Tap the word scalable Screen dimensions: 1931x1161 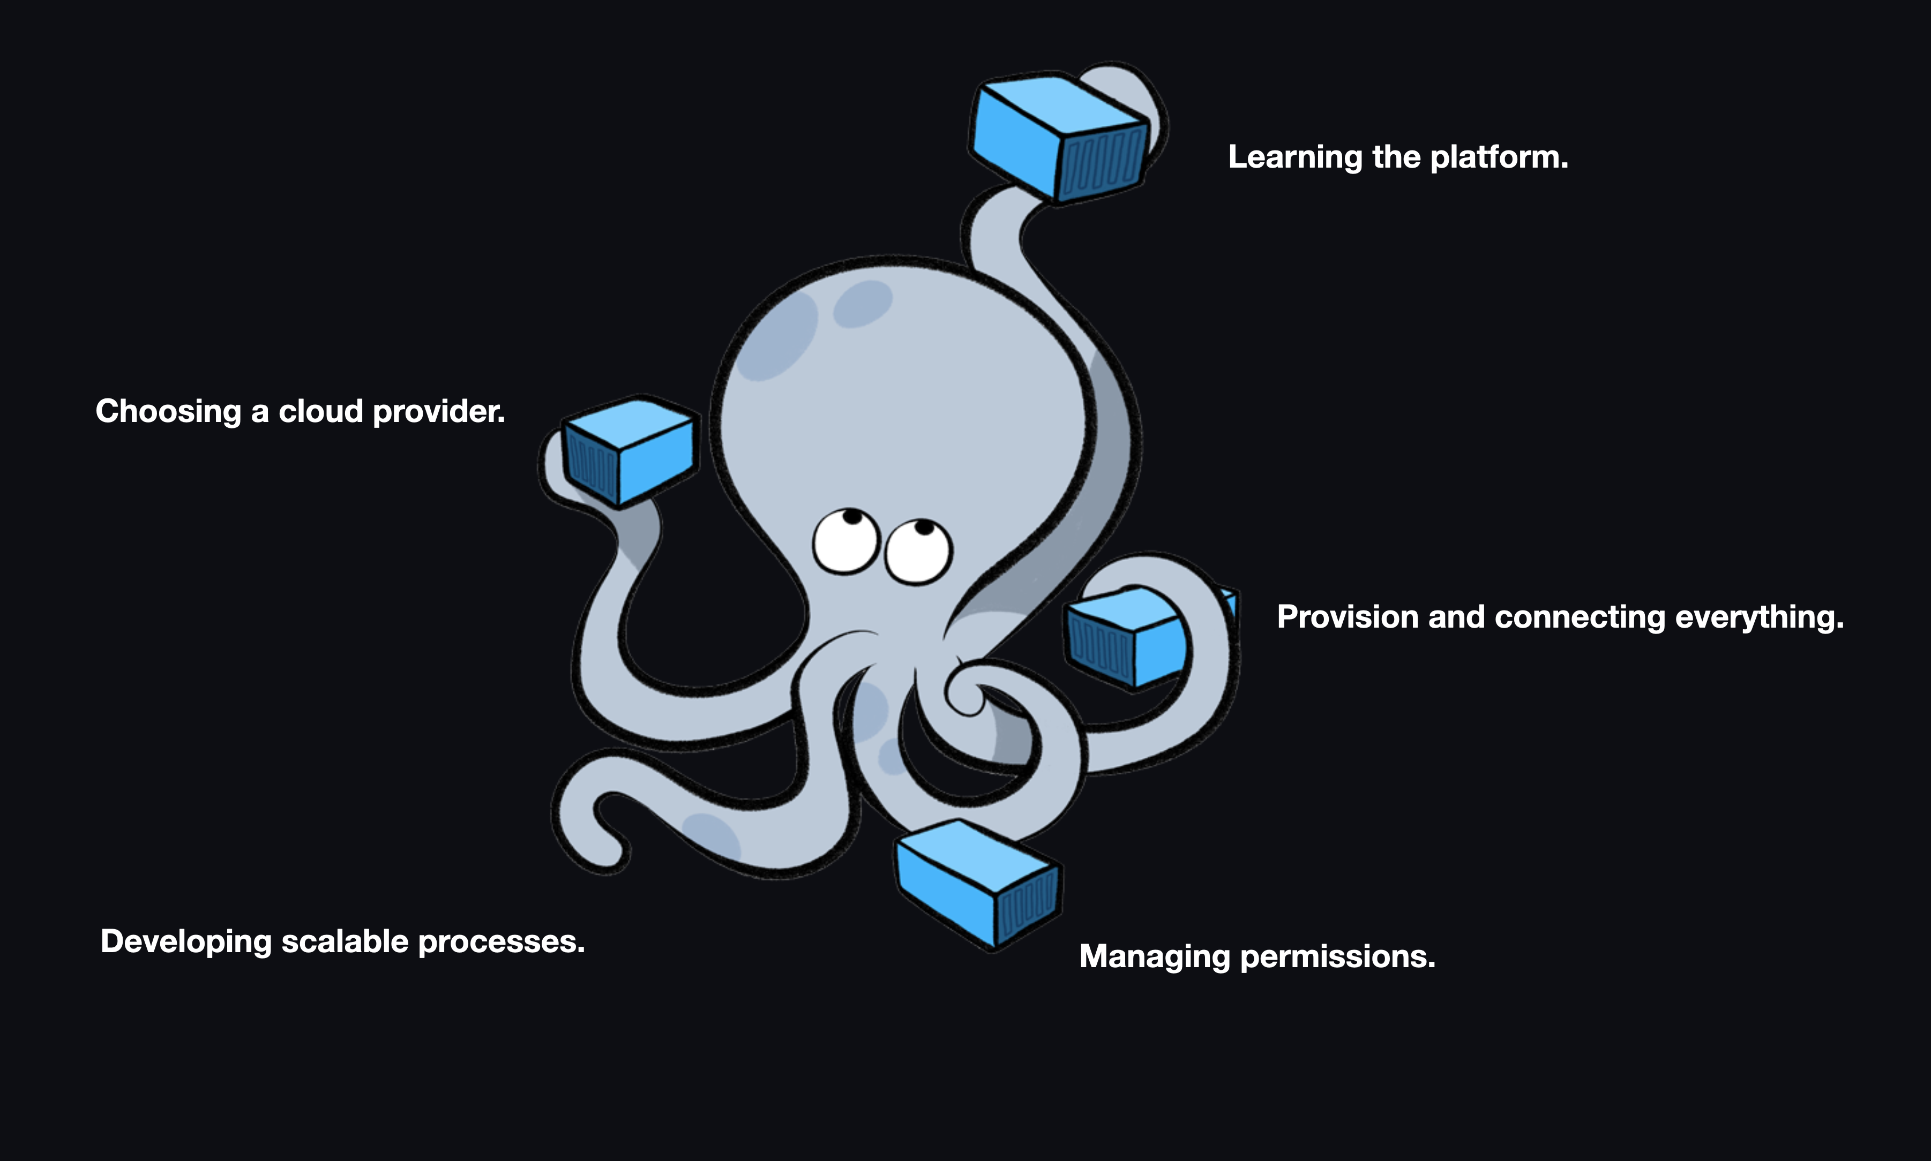[x=345, y=941]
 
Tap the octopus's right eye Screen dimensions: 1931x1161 [x=918, y=551]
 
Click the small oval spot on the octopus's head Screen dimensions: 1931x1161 [x=863, y=304]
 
